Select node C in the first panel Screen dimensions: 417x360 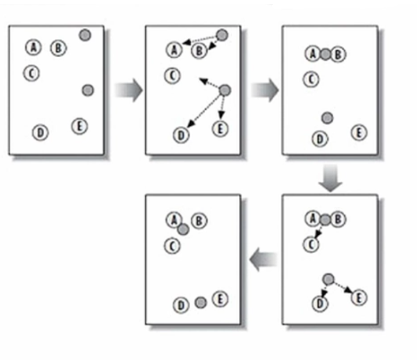32,73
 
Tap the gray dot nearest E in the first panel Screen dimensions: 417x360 88,90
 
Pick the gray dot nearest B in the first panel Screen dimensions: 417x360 85,35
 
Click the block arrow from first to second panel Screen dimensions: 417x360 129,90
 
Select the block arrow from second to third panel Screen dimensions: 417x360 265,90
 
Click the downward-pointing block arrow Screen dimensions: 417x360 329,179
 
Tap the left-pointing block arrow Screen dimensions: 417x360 263,261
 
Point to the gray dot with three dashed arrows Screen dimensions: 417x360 225,90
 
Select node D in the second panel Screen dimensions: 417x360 181,135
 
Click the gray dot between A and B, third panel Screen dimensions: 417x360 325,55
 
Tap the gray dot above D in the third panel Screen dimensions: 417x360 327,118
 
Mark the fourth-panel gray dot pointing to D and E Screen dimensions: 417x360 328,279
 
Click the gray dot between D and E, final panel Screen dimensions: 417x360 201,303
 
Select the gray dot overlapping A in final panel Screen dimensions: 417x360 183,229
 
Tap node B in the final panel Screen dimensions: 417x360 199,221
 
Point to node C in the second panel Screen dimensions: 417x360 172,76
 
